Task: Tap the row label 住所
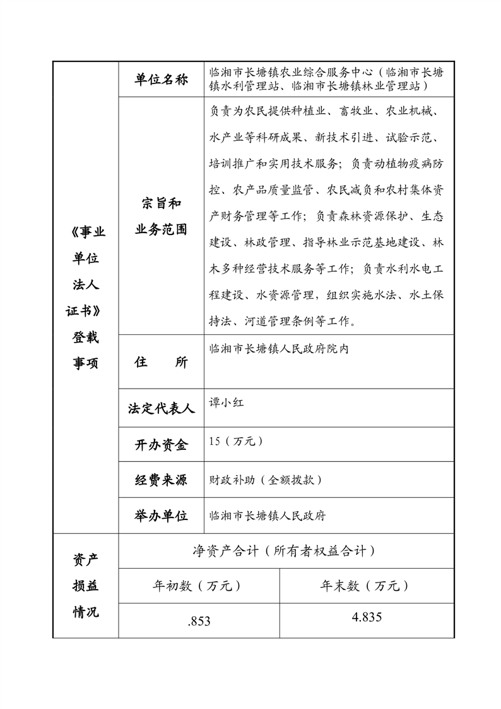tap(162, 362)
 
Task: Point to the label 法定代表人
tap(162, 409)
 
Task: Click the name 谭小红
tap(227, 402)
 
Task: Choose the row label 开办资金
tap(162, 445)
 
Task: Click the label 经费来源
tap(162, 480)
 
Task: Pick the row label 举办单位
tap(162, 516)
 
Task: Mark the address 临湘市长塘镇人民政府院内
tap(278, 348)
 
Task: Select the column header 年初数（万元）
tap(198, 586)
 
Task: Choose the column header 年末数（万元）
tap(366, 586)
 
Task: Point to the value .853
tap(199, 622)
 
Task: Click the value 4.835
tap(367, 617)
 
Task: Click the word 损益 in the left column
tap(85, 586)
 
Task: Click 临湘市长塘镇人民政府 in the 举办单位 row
tap(267, 516)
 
